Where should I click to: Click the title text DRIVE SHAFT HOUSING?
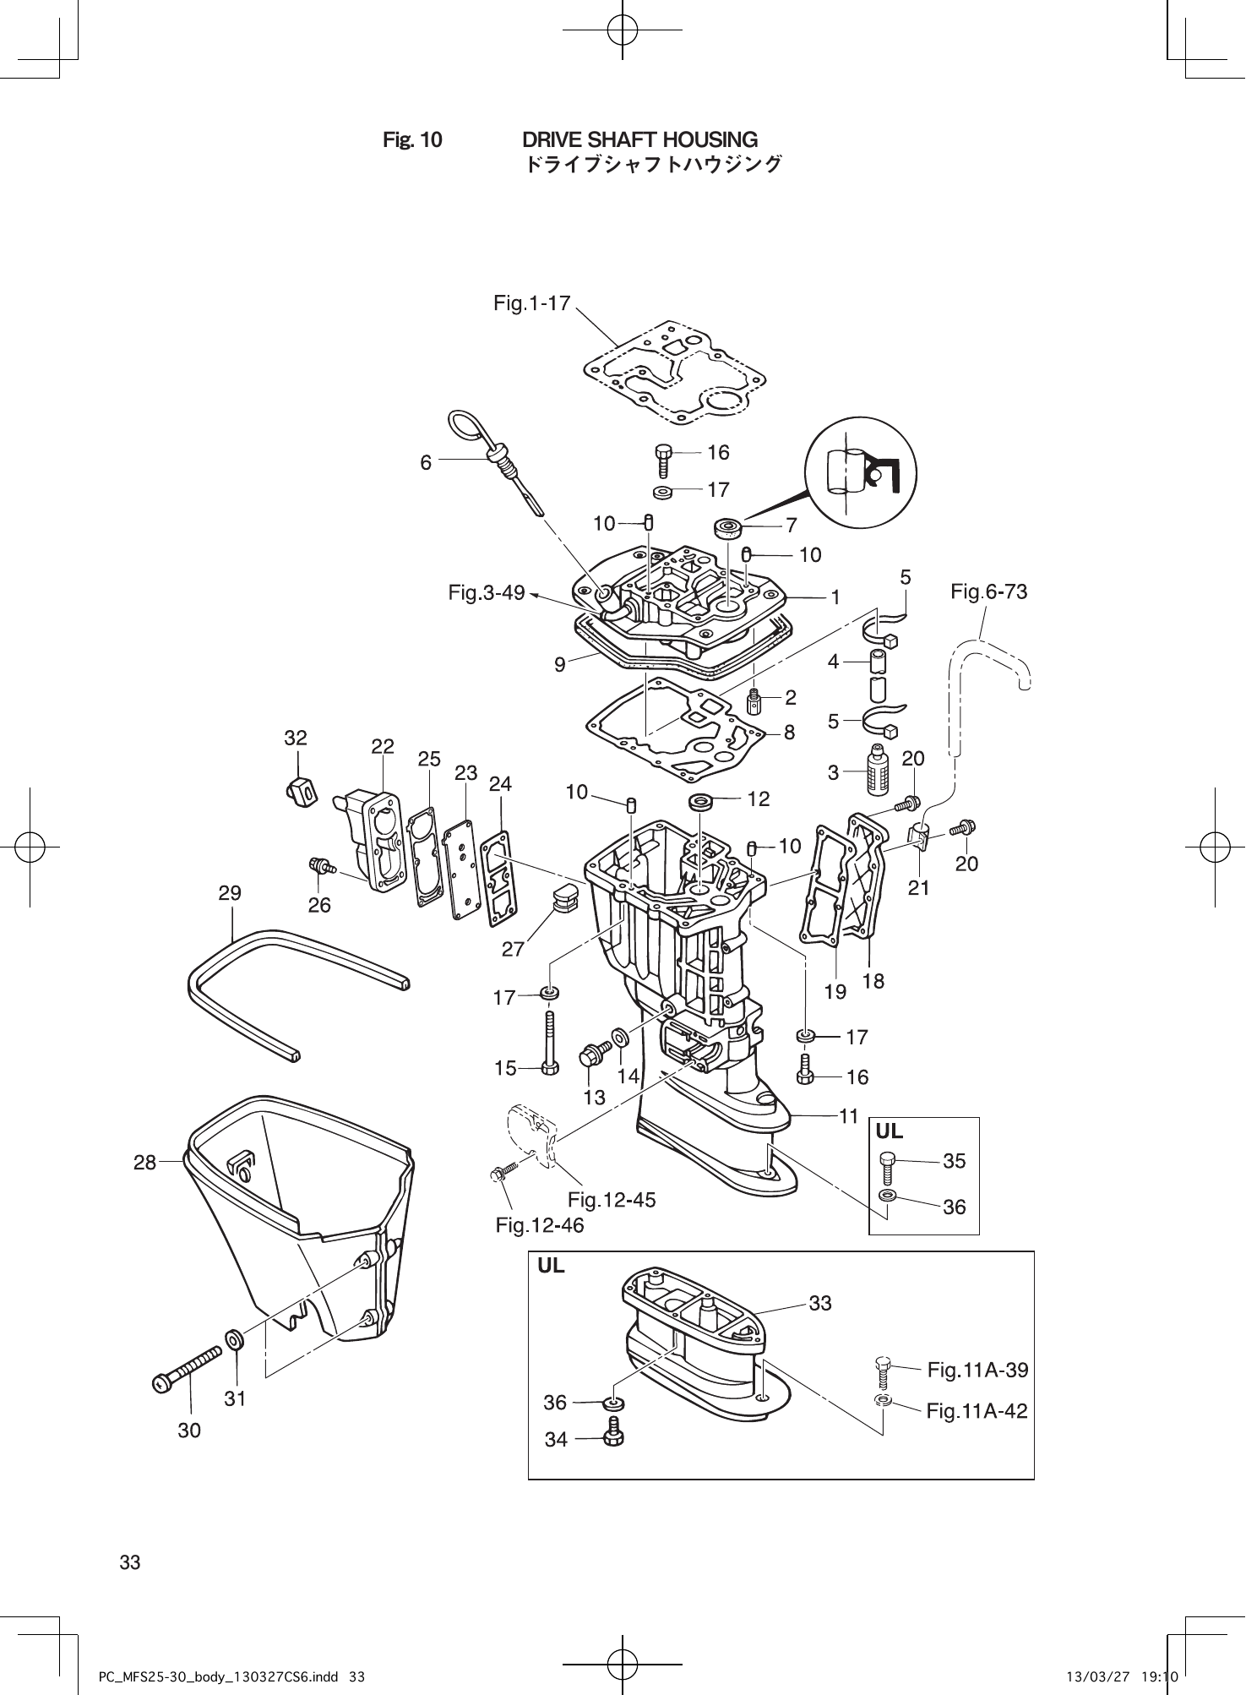coord(639,139)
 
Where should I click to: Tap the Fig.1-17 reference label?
coord(532,303)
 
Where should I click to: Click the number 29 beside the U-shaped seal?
coord(230,893)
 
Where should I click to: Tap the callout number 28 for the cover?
coord(145,1162)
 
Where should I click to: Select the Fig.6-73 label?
coord(989,591)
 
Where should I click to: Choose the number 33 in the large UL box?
coord(820,1303)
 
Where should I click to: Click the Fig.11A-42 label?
coord(977,1410)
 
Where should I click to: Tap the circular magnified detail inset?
coord(862,476)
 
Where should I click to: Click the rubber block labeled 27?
coord(563,898)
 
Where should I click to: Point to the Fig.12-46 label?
coord(540,1225)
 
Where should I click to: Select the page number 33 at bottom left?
coord(130,1562)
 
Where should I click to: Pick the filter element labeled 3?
coord(878,767)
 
